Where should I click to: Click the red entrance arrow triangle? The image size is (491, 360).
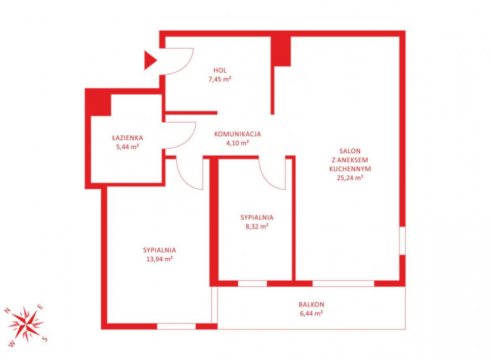(x=150, y=60)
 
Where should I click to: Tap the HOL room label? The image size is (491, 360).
(x=220, y=70)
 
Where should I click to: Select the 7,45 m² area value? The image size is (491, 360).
(x=220, y=79)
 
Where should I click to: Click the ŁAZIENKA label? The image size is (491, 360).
(x=128, y=137)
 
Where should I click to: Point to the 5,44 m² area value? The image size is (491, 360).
(x=128, y=147)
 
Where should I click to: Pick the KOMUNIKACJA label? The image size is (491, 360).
(x=238, y=134)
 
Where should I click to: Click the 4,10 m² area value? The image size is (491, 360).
(x=238, y=143)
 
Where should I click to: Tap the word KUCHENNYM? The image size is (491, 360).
(x=350, y=169)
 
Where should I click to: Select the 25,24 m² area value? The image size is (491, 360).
(x=350, y=178)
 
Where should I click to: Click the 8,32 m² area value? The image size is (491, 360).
(x=257, y=226)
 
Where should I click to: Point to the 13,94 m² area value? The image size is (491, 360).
(x=159, y=259)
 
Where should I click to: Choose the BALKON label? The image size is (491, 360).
(x=311, y=304)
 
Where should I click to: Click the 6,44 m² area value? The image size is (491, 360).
(x=311, y=314)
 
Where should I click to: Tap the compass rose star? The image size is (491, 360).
(x=25, y=324)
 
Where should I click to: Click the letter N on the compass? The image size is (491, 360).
(x=7, y=311)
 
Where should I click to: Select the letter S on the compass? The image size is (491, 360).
(x=45, y=338)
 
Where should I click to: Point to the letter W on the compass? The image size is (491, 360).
(x=12, y=344)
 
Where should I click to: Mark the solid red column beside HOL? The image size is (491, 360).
(x=281, y=51)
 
